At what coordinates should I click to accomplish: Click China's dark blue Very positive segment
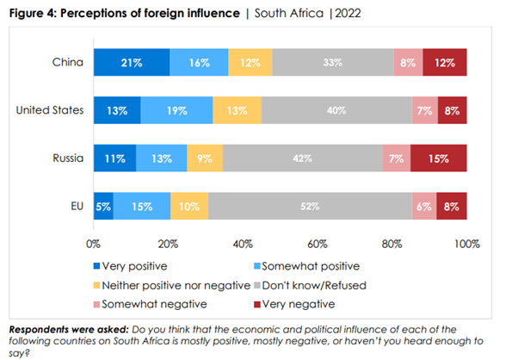coord(132,63)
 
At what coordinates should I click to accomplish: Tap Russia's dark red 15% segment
coord(438,159)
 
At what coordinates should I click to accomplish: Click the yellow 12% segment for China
coord(250,63)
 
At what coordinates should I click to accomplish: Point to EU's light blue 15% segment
coord(142,208)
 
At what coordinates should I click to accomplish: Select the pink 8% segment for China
coord(408,63)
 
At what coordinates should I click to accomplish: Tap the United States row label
coord(52,110)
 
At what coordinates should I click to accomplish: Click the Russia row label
coord(69,158)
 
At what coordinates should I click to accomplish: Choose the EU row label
coord(76,207)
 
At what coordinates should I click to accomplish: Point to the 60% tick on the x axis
coord(318,244)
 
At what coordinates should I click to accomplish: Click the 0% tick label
coord(93,244)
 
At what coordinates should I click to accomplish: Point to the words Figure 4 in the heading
coord(31,12)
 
